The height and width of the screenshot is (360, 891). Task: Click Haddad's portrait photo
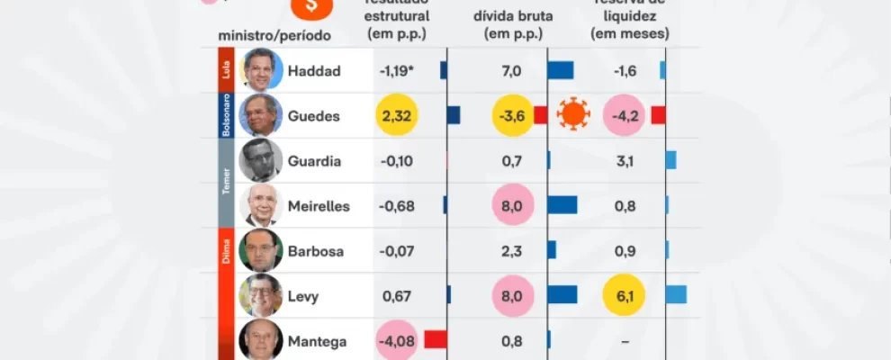261,70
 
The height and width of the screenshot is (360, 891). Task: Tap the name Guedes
313,116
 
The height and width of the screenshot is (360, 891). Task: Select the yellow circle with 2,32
398,115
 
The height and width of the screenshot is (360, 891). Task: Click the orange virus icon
573,115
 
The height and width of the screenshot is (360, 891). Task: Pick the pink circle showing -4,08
396,341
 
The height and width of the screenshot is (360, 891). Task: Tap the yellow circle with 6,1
625,295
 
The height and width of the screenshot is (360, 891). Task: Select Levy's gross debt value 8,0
511,295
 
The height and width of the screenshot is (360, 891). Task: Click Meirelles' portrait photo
261,205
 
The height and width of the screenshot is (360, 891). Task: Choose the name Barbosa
316,251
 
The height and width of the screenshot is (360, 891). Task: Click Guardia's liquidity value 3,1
625,161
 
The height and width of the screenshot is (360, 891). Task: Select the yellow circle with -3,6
511,115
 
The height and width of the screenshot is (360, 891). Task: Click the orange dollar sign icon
311,6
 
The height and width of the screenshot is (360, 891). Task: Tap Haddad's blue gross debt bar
561,70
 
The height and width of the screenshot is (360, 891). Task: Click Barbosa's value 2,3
511,251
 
